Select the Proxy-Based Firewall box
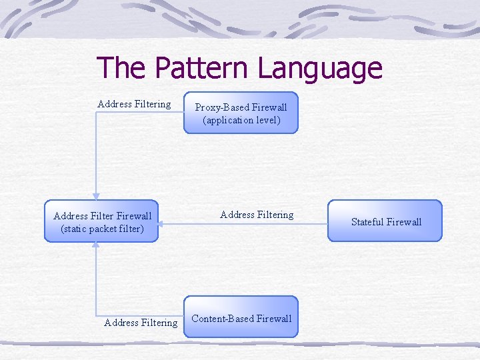point(241,113)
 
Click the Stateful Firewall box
point(386,221)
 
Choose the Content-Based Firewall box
point(241,317)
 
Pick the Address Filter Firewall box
point(102,221)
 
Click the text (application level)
point(241,121)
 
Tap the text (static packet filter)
point(102,229)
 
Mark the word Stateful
point(367,222)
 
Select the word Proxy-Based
point(220,107)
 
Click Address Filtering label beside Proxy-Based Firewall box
point(134,104)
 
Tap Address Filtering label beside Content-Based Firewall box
point(141,323)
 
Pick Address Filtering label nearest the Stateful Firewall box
point(257,215)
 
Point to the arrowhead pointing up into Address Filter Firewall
point(96,245)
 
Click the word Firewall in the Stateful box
point(405,222)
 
